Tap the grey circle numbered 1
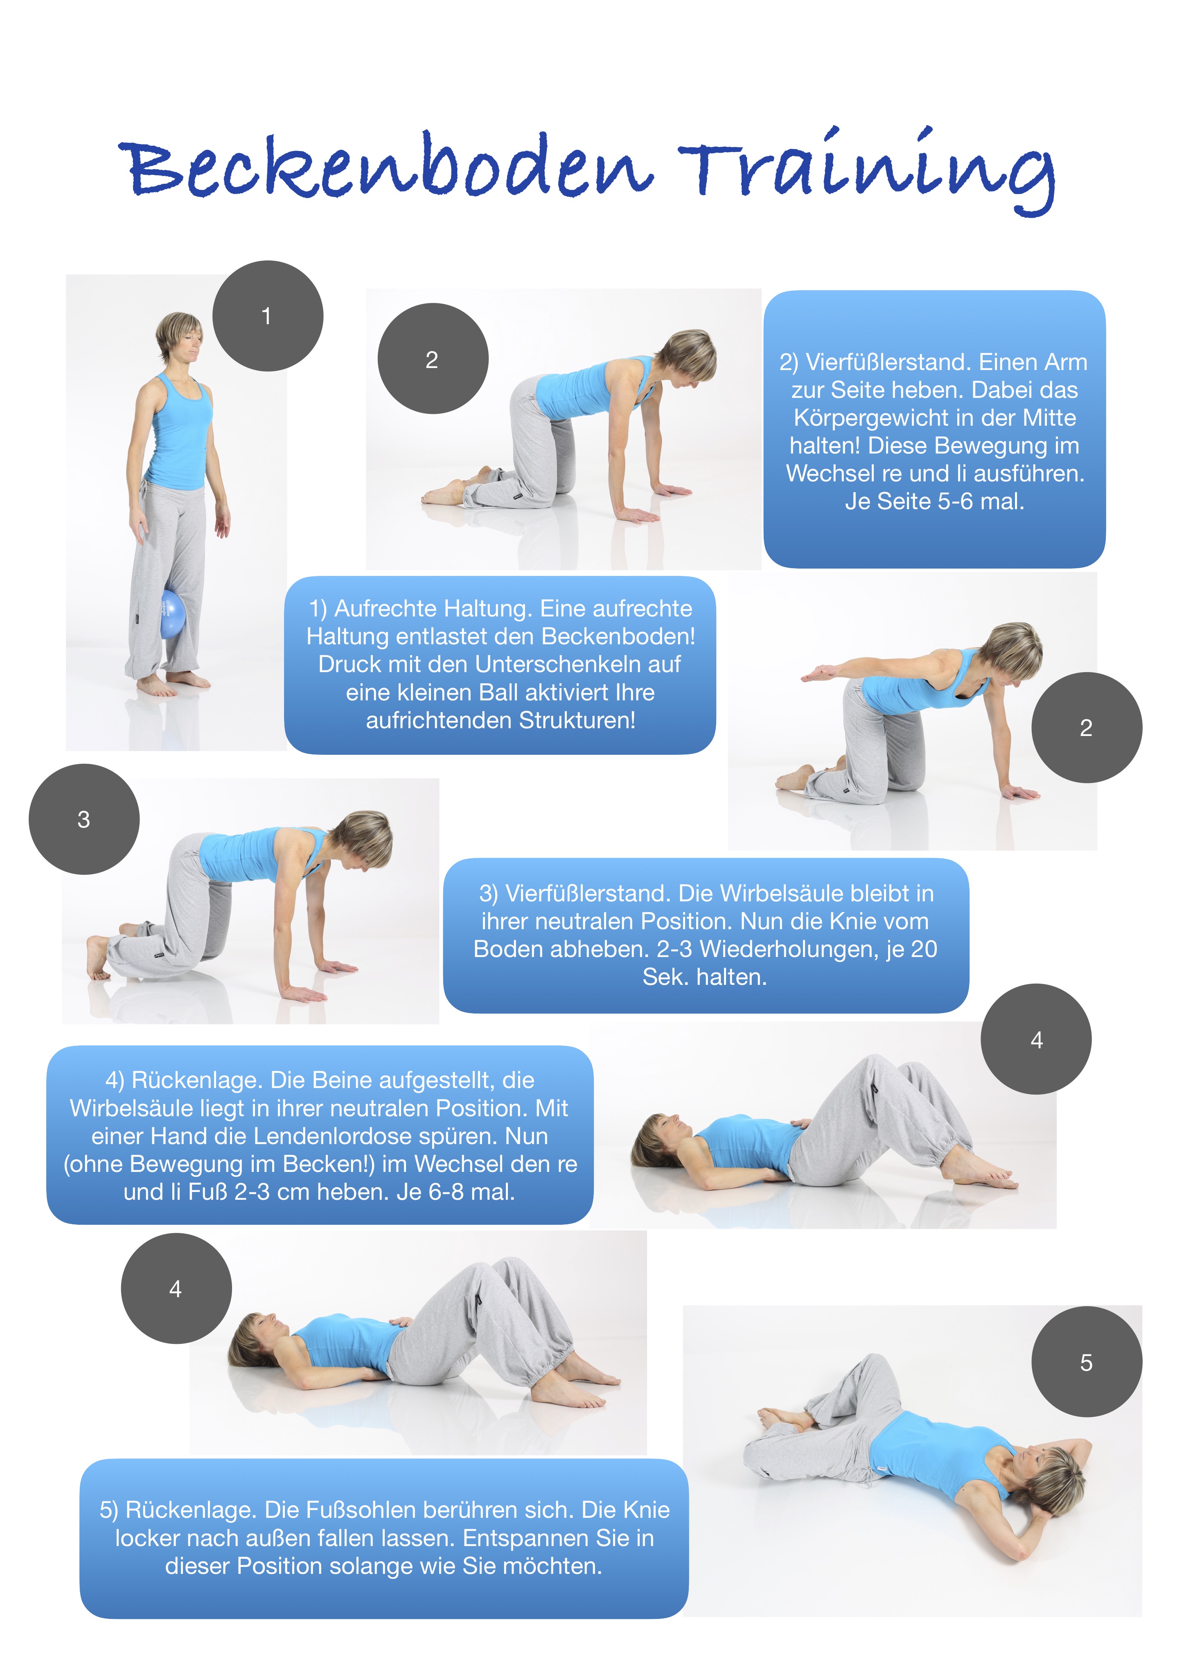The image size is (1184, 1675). click(x=268, y=316)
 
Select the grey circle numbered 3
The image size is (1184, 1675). click(x=84, y=819)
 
